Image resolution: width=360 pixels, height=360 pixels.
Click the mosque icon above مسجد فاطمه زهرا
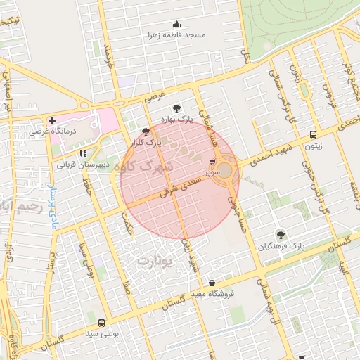click(176, 24)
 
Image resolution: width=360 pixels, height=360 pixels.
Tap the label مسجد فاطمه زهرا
click(176, 34)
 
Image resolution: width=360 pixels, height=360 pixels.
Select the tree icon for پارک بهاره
click(176, 108)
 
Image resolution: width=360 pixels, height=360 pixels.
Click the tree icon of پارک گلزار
click(146, 131)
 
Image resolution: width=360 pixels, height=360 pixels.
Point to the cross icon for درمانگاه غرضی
click(53, 120)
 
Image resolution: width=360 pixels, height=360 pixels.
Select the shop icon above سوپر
click(213, 161)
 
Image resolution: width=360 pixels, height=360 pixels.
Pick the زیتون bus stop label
click(313, 146)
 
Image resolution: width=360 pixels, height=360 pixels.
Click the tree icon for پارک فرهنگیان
click(281, 235)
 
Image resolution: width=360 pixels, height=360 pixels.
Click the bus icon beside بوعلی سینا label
click(102, 323)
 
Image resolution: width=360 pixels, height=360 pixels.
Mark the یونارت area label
click(154, 261)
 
